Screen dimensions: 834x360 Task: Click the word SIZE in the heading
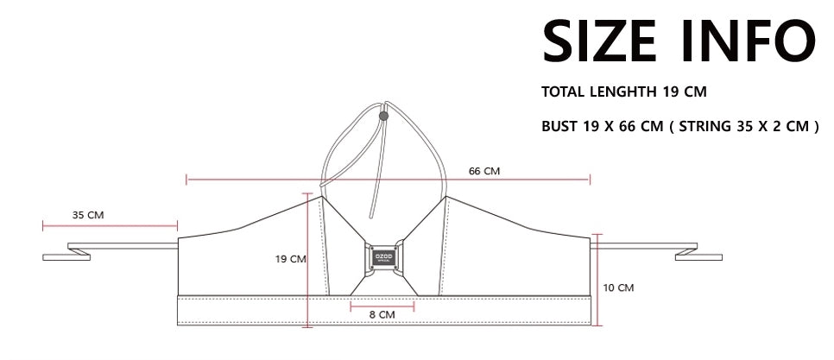pos(600,41)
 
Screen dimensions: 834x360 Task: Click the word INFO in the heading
pos(749,41)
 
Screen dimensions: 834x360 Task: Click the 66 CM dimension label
pos(484,171)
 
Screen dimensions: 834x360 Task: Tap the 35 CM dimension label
pos(88,215)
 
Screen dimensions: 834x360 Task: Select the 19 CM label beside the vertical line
pos(290,260)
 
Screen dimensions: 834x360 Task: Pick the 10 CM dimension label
pos(618,287)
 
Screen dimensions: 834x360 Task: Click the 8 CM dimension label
pos(382,314)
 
